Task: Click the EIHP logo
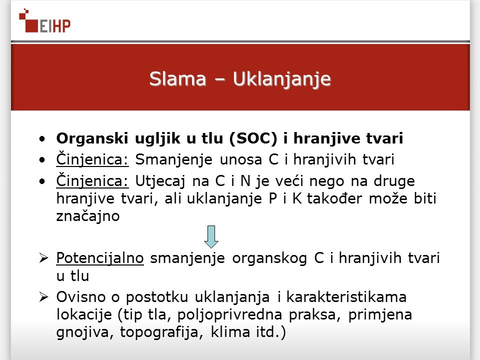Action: (x=44, y=21)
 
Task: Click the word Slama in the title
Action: (x=178, y=79)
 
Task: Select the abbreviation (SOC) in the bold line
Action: (x=253, y=138)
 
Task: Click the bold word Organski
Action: (x=92, y=139)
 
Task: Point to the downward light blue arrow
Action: (x=211, y=237)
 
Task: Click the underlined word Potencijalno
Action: (x=100, y=258)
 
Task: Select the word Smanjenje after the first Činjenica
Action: (x=173, y=160)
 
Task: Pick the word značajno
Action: (x=88, y=216)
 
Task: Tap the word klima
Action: (x=230, y=332)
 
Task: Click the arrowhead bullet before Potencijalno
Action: (x=44, y=258)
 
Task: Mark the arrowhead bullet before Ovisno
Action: (x=44, y=297)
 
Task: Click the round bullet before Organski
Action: (x=42, y=139)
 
